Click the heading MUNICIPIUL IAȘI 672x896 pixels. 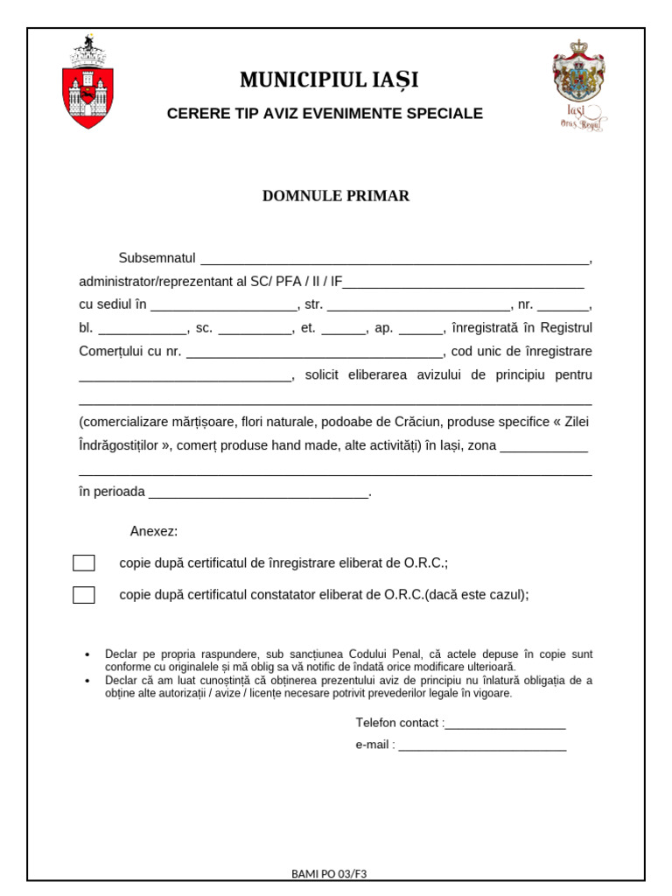tap(329, 80)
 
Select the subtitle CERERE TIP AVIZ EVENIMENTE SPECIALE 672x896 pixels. tap(325, 114)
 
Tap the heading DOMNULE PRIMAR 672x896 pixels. tap(336, 196)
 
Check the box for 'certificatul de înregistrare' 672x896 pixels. tap(84, 563)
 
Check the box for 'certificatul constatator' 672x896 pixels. tap(84, 595)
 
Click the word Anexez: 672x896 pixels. tap(154, 531)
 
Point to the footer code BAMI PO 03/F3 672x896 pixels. tap(329, 873)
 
